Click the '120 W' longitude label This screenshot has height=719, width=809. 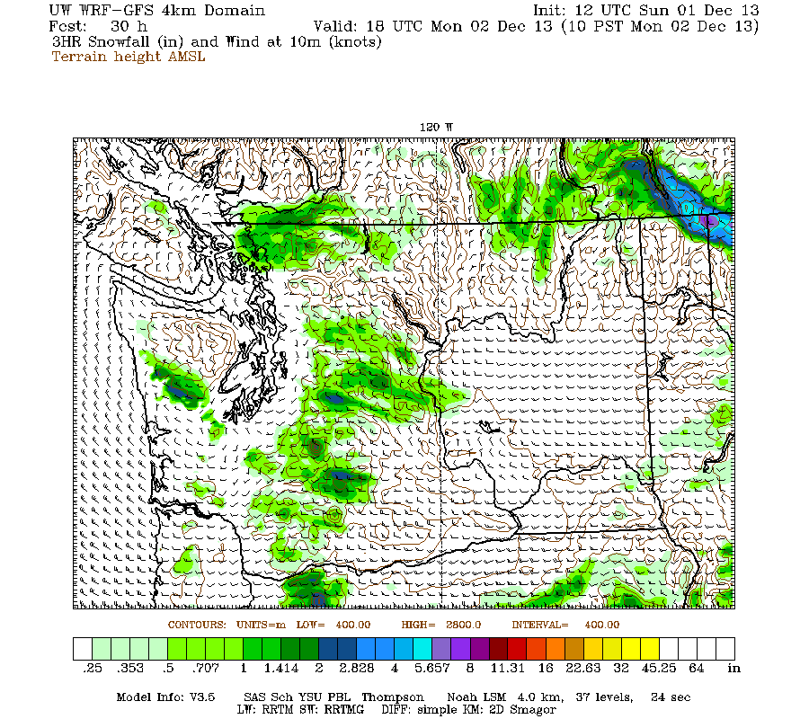point(437,128)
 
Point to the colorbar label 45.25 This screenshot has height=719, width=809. point(667,669)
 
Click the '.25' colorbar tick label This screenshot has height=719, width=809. point(91,669)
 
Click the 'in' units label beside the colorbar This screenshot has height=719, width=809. point(733,669)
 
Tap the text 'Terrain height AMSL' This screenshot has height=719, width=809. point(129,57)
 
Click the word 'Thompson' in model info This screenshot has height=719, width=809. point(395,697)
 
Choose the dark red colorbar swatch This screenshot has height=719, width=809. point(497,649)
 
